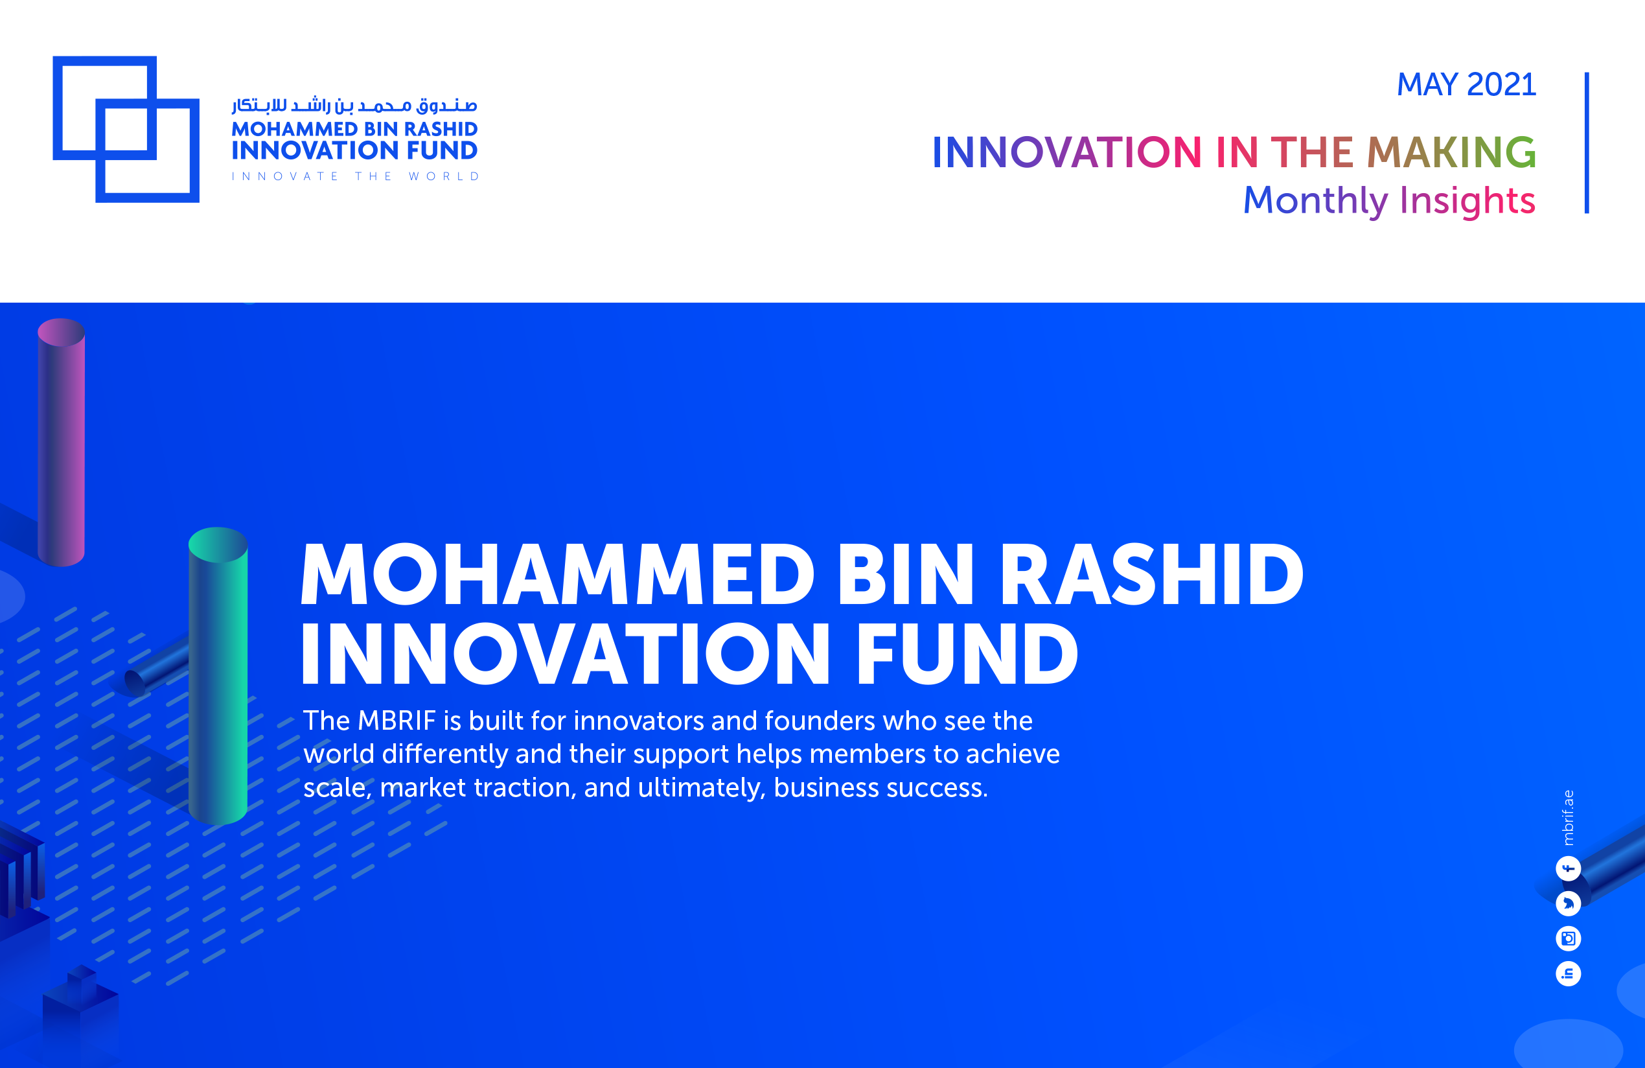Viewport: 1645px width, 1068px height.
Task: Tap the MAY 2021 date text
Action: (1466, 85)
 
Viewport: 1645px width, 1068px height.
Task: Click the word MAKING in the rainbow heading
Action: (1451, 152)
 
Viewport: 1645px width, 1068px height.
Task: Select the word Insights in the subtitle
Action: (1467, 201)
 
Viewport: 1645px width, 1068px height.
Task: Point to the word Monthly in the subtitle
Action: (1315, 201)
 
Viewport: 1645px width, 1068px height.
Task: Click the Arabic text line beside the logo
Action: (354, 105)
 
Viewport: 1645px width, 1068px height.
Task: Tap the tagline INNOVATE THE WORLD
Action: (354, 176)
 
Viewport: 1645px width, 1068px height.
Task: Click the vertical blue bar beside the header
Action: (1586, 143)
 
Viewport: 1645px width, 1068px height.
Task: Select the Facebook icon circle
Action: (1568, 868)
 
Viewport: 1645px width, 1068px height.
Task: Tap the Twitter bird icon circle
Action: (1568, 903)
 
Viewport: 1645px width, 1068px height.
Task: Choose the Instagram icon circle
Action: (1568, 938)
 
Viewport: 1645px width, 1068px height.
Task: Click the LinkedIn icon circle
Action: (1568, 973)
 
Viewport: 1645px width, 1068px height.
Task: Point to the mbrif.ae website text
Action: (1568, 817)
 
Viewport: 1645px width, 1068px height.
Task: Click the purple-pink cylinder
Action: (61, 443)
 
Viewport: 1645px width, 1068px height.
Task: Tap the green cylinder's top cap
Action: (218, 545)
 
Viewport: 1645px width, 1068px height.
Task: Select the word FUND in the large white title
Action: (966, 653)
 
